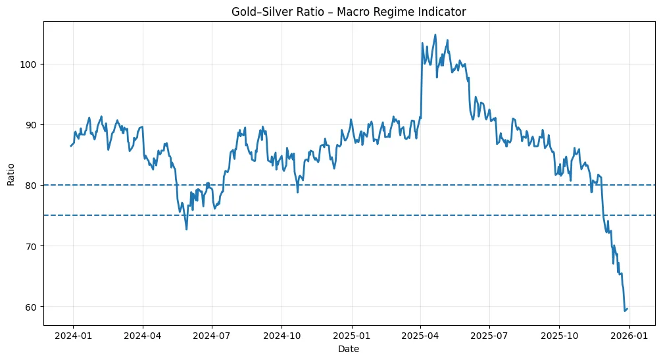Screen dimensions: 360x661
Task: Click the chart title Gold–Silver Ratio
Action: tap(349, 11)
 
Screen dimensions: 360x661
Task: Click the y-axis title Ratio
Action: tap(11, 173)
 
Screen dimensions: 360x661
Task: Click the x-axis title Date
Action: tap(349, 349)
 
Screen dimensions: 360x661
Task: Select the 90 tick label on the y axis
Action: tap(32, 124)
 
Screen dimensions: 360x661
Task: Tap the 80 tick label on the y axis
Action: tap(32, 185)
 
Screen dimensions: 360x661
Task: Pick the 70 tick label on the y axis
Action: tap(32, 245)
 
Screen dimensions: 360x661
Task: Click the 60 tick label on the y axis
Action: tap(32, 307)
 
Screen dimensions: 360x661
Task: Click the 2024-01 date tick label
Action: tap(72, 335)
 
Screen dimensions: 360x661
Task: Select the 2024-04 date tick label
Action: tap(143, 335)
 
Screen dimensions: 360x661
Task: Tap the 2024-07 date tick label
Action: tap(212, 335)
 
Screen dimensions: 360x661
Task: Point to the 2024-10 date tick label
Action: tap(282, 335)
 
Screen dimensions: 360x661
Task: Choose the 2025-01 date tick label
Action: tap(352, 335)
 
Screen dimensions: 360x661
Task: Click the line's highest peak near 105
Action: tap(435, 35)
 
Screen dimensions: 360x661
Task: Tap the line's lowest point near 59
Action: tap(625, 311)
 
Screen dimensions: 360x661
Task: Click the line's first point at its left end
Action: tap(71, 145)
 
